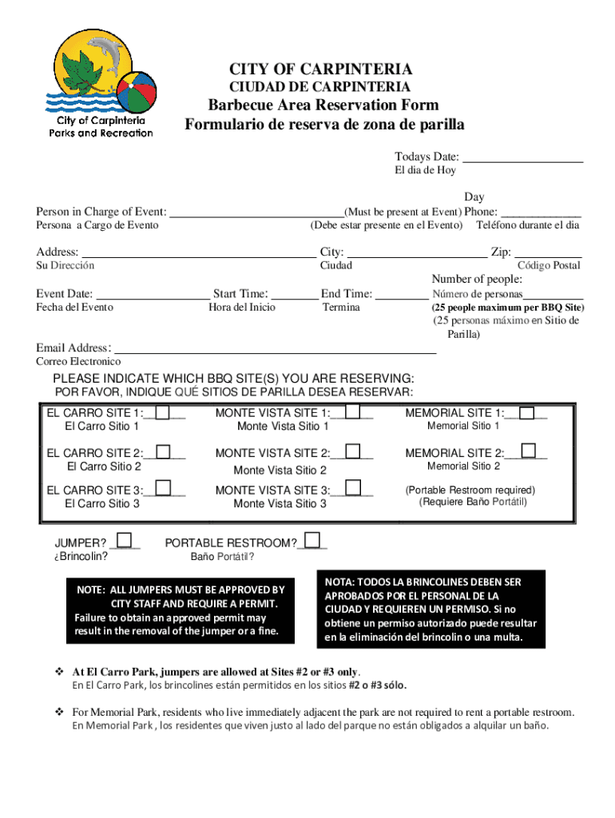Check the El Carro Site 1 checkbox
click(163, 412)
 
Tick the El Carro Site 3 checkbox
click(163, 488)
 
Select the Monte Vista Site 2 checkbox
click(351, 451)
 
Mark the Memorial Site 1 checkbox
click(528, 412)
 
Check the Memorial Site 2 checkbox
click(528, 451)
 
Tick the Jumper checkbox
click(125, 542)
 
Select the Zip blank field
click(548, 252)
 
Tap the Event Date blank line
click(152, 293)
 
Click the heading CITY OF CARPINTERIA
click(320, 69)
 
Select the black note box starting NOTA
click(431, 610)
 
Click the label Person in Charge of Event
click(101, 212)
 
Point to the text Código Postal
click(549, 265)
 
